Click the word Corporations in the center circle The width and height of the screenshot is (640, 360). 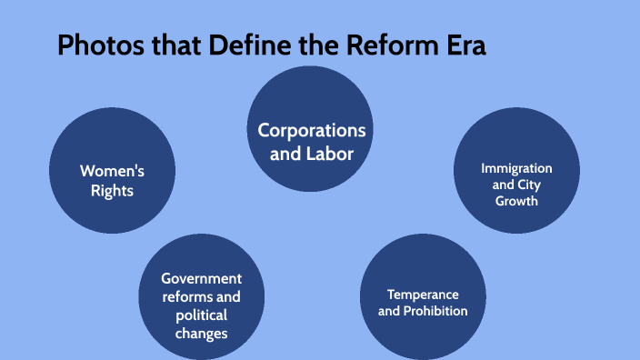click(x=312, y=130)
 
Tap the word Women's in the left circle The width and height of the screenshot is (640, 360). click(x=112, y=170)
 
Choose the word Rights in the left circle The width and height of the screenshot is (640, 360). click(x=113, y=191)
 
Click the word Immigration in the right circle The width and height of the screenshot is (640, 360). click(x=516, y=168)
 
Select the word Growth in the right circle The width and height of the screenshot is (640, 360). click(x=516, y=200)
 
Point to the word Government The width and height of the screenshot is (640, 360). click(x=201, y=278)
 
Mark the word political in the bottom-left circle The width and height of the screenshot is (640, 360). click(x=202, y=315)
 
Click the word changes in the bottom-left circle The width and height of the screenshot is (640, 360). click(x=202, y=334)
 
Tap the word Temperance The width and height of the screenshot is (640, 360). click(x=423, y=295)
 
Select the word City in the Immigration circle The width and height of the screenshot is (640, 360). click(x=528, y=185)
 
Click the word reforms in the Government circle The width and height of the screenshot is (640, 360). click(x=188, y=297)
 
